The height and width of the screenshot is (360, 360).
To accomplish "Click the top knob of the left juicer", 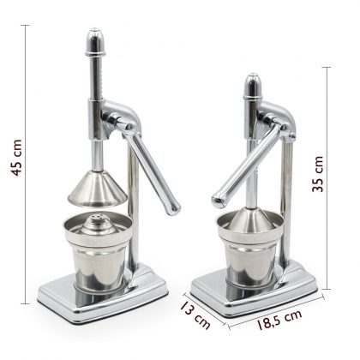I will (94, 39).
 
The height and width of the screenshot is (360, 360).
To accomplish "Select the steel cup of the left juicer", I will (96, 261).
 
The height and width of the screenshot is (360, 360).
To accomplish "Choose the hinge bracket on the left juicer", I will (121, 117).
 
